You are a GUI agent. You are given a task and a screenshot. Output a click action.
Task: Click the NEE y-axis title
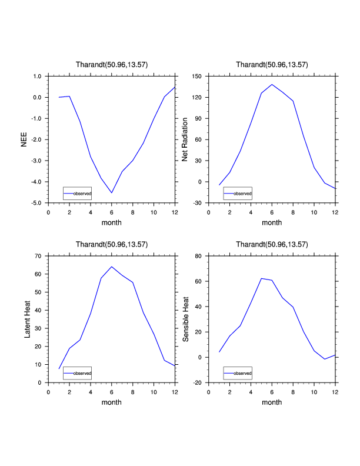click(24, 139)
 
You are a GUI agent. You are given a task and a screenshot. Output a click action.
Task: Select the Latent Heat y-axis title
click(27, 319)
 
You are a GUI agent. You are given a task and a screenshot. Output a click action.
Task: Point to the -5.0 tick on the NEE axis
click(36, 203)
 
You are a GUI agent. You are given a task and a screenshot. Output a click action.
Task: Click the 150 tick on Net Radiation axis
click(197, 76)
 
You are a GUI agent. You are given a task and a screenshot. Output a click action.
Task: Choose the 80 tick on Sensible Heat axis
click(199, 256)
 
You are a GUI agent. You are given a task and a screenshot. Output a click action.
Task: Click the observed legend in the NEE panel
click(77, 193)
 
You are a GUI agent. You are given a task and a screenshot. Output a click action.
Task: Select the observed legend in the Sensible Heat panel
click(238, 373)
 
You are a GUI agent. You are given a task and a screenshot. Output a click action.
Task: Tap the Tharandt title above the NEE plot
click(112, 64)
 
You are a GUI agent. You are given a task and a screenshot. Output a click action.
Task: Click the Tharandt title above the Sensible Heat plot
click(272, 244)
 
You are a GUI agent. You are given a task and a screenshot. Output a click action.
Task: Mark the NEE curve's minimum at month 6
click(112, 192)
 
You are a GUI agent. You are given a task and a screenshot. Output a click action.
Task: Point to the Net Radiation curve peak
click(272, 84)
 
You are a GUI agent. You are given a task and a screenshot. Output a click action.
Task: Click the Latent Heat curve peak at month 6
click(112, 267)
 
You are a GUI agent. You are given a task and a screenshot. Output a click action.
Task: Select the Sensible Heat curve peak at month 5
click(261, 278)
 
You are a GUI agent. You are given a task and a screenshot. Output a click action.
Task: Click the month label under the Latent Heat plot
click(112, 402)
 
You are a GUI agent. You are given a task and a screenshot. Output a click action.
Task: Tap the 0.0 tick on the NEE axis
click(36, 98)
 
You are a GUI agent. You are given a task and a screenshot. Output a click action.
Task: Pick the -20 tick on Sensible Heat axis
click(198, 383)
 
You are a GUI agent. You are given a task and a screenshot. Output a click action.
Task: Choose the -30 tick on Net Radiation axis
click(198, 203)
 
